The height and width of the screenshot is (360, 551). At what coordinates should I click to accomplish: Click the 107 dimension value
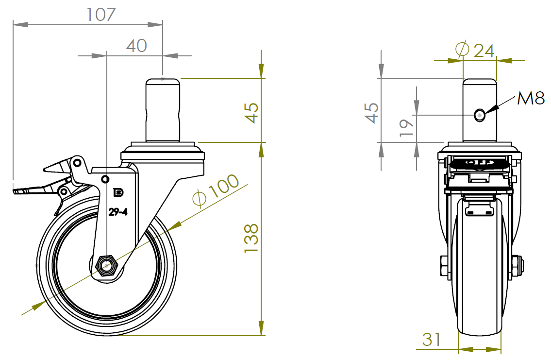101,14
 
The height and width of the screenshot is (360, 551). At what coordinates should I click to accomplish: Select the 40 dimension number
136,46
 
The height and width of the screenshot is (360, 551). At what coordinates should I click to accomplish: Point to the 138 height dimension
251,238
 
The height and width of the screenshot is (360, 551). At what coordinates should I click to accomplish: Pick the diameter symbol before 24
462,49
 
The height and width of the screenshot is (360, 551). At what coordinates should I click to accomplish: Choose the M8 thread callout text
531,99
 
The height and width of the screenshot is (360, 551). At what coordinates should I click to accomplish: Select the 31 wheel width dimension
432,340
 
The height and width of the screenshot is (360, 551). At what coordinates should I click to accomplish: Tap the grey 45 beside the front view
372,113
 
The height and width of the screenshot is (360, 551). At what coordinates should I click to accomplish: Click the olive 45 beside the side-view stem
251,113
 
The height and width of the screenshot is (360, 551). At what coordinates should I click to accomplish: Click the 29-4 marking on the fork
118,211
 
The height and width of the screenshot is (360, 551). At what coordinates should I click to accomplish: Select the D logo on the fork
118,193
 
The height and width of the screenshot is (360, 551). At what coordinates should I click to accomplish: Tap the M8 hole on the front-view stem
480,115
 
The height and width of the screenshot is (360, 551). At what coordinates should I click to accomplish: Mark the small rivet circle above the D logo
104,179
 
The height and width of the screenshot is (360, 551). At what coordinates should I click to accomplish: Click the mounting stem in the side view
163,110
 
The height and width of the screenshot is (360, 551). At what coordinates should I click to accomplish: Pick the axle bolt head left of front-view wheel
444,266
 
